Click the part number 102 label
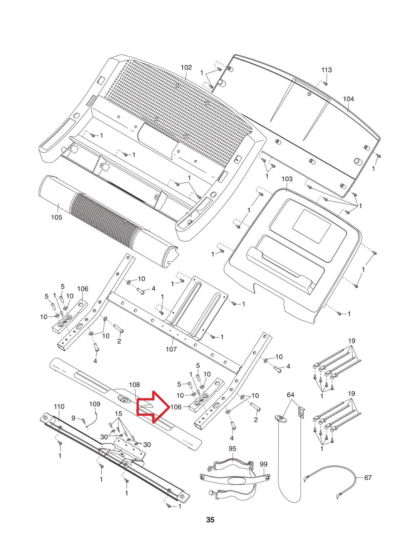point(186,67)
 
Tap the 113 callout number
point(326,70)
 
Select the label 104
point(348,99)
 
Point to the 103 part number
point(287,179)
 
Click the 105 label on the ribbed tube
point(57,217)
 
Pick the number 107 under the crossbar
point(171,349)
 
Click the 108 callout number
point(134,385)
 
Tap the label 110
point(59,406)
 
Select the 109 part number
point(95,404)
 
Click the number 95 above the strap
point(232,449)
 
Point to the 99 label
point(264,464)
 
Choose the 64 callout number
point(291,395)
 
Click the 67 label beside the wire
point(368,478)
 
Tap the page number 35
point(210,520)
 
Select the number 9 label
point(73,418)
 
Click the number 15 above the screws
point(118,414)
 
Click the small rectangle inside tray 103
point(311,228)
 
